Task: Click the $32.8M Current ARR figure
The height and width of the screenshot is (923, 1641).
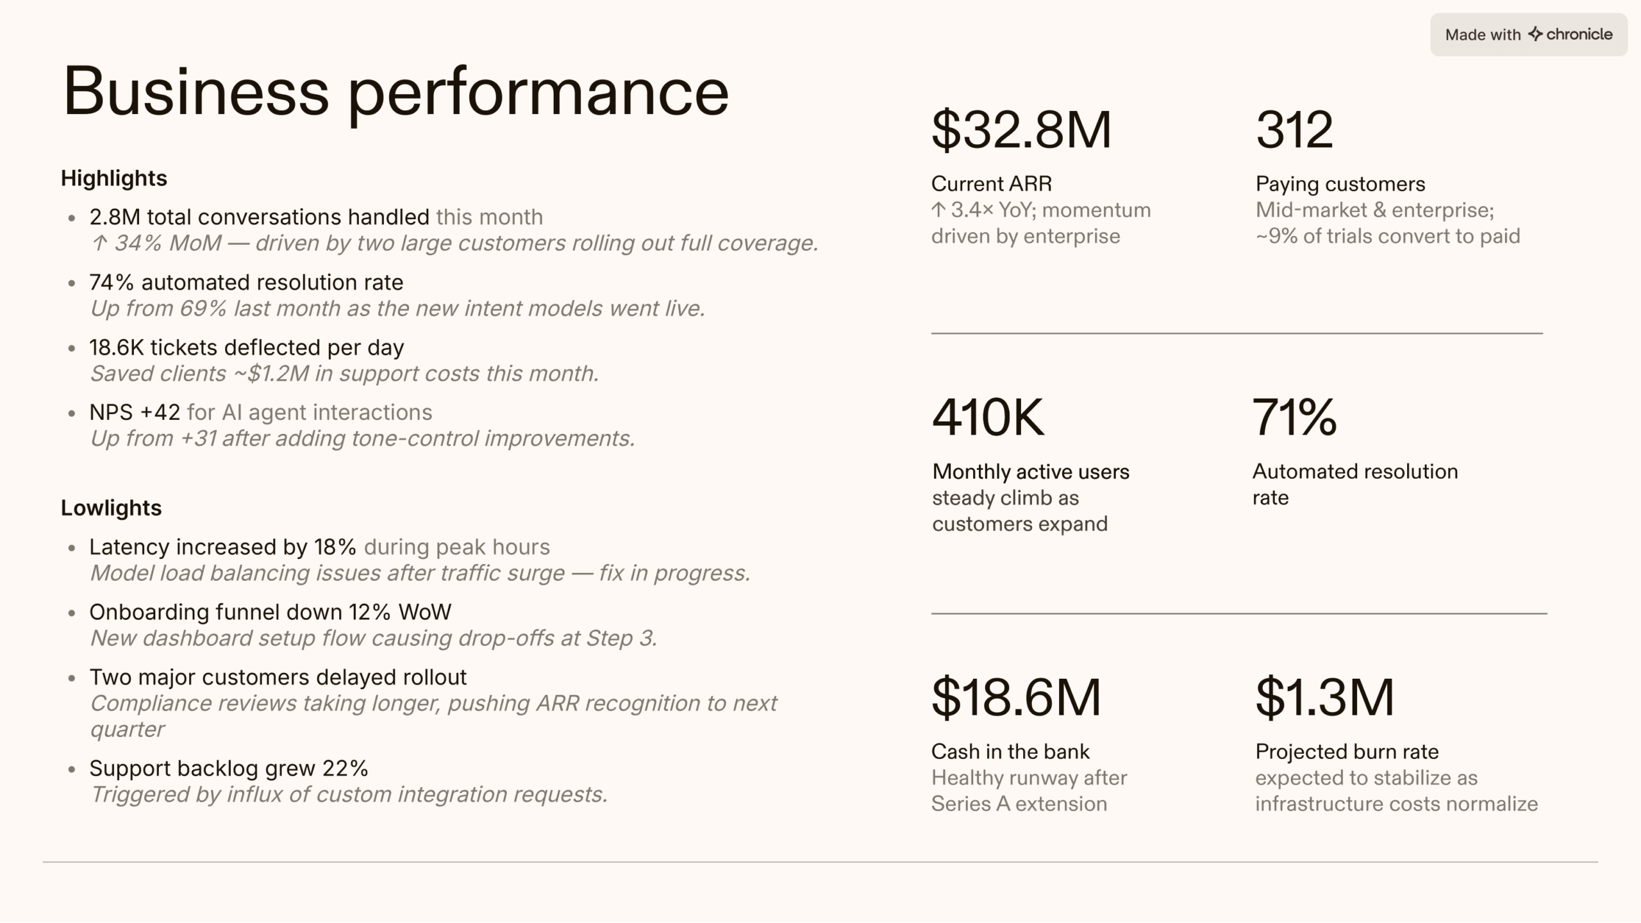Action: [x=1020, y=130]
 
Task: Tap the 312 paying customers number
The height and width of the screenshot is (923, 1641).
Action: [x=1294, y=130]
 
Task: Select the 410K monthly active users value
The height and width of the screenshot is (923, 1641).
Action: [x=988, y=417]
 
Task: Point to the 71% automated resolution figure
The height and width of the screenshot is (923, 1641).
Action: [x=1294, y=417]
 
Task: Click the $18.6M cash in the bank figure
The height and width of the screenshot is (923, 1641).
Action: [x=1016, y=697]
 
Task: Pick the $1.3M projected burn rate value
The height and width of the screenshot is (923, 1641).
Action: [x=1324, y=697]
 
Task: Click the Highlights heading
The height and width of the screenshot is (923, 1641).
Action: [x=114, y=178]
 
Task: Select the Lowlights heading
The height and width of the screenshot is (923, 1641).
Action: [x=112, y=508]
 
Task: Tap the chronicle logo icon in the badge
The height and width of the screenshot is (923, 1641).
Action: [x=1535, y=34]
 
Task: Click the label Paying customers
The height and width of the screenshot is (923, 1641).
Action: [x=1340, y=184]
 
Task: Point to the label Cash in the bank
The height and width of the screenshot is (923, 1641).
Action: [x=1010, y=751]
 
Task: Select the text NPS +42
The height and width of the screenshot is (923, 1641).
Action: [x=135, y=412]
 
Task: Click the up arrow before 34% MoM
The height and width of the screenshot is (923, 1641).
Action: [x=99, y=244]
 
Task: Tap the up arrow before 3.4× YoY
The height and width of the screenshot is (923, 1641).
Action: [x=938, y=210]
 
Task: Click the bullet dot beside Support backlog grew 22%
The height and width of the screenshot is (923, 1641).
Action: [x=72, y=769]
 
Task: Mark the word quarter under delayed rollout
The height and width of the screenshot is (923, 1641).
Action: [x=128, y=729]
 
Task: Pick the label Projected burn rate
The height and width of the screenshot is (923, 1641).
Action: [x=1347, y=751]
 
